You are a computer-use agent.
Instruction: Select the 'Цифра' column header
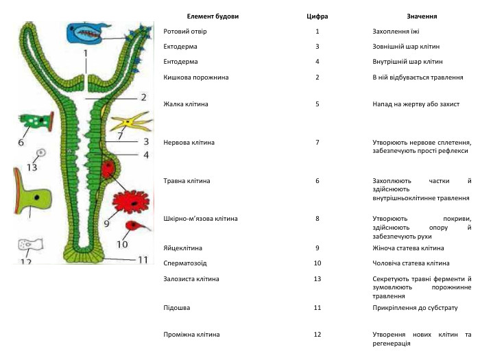tap(317, 16)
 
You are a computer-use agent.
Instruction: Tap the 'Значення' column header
tap(421, 16)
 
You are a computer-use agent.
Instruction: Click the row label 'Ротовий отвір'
tap(185, 32)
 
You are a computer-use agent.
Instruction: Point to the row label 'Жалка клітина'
tap(186, 104)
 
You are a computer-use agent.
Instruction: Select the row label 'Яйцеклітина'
tap(183, 248)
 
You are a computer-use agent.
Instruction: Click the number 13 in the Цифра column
tap(317, 279)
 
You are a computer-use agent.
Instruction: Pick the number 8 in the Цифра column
tap(317, 219)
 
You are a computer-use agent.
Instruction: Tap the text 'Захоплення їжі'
tap(396, 32)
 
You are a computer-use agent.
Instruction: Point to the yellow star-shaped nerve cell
tap(129, 122)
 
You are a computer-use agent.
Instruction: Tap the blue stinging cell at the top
tap(86, 32)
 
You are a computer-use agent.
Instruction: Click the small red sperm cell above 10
tap(129, 225)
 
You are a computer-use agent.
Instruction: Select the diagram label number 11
tap(142, 260)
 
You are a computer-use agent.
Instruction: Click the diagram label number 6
tap(21, 143)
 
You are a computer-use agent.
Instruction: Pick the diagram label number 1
tap(86, 52)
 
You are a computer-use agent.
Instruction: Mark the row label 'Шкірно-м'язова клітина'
tap(201, 219)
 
